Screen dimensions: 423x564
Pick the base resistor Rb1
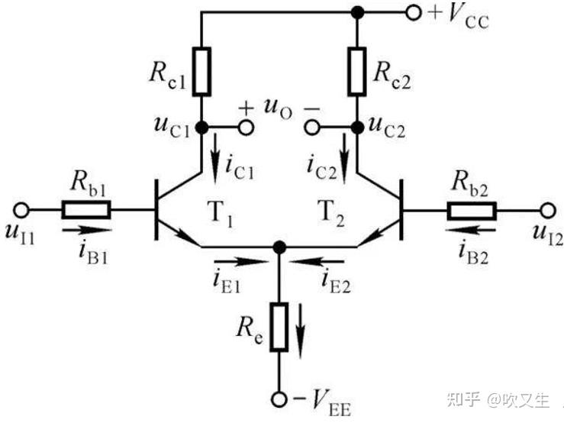click(87, 208)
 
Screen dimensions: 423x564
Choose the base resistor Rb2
click(472, 208)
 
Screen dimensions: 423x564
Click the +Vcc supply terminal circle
click(414, 12)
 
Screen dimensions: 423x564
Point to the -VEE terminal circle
click(279, 399)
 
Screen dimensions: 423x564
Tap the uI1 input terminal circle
click(23, 208)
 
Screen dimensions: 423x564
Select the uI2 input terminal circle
click(546, 208)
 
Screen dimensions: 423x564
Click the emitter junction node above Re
click(279, 246)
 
